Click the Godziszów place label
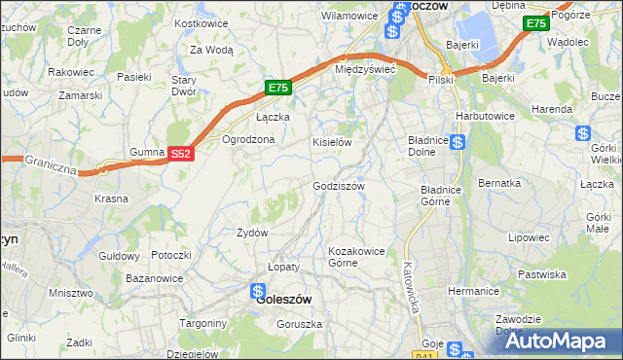click(x=338, y=186)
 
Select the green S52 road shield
click(x=181, y=154)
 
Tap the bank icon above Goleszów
click(x=258, y=289)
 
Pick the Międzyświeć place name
click(x=363, y=69)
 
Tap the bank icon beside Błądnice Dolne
click(x=457, y=143)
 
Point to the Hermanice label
click(x=473, y=291)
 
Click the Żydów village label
click(x=252, y=233)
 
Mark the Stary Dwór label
click(x=184, y=86)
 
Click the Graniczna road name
click(x=50, y=161)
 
